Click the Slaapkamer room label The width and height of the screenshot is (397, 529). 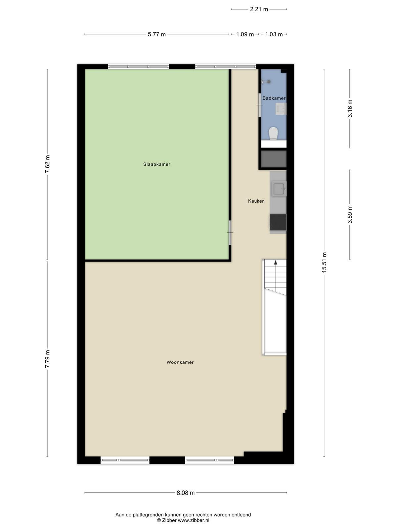[157, 164]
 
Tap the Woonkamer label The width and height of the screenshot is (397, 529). [180, 362]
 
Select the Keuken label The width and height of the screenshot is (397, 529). [256, 201]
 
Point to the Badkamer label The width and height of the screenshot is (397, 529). [274, 98]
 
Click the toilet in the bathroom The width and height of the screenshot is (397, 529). [273, 133]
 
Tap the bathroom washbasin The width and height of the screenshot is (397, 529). [281, 109]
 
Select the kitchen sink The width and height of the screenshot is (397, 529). [279, 189]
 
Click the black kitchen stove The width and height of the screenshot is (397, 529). [278, 222]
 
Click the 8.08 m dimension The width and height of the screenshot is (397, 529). [185, 493]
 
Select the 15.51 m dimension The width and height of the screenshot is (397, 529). [324, 263]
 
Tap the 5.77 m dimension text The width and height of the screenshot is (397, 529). [157, 34]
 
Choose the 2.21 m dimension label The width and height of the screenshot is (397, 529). [259, 9]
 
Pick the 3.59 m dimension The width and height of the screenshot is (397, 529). [350, 214]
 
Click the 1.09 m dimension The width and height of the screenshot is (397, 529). [245, 34]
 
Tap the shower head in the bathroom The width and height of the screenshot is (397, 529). [266, 82]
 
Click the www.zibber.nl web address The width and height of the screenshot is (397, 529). [194, 520]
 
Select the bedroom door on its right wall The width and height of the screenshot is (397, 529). [230, 232]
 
